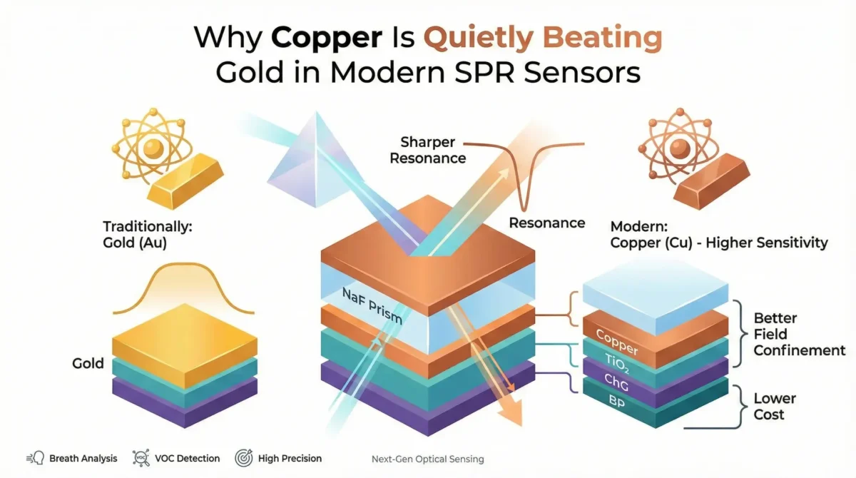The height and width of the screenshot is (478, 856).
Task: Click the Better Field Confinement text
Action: click(x=799, y=334)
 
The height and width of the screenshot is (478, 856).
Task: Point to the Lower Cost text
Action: click(x=774, y=407)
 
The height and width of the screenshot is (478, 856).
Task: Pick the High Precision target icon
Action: click(x=245, y=458)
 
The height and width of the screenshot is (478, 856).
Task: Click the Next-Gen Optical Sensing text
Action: click(x=427, y=459)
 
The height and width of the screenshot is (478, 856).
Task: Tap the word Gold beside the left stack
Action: click(x=88, y=363)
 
